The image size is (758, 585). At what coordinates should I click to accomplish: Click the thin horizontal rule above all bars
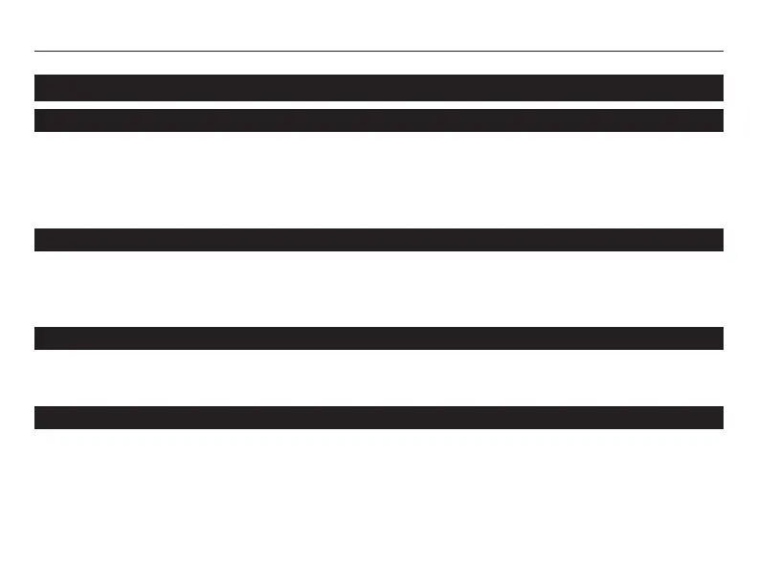tap(379, 52)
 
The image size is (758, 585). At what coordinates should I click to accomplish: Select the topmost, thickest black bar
tap(379, 88)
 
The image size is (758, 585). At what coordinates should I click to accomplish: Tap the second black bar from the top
tap(379, 120)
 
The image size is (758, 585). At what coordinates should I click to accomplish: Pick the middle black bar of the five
tap(379, 240)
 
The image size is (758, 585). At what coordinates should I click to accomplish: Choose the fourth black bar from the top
tap(379, 338)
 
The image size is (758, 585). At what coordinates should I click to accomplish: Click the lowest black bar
tap(379, 418)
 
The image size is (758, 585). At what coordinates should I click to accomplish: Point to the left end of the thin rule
tap(36, 52)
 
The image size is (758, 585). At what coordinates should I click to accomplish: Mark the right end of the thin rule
tap(721, 52)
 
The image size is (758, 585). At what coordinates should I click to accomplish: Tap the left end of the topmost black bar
tap(38, 88)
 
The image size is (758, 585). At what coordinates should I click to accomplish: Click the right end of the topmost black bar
tap(719, 88)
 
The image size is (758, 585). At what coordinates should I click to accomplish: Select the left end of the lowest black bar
tap(38, 418)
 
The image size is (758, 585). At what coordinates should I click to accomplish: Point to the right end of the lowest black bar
tap(719, 418)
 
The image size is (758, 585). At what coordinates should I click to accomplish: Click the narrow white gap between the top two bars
tap(379, 105)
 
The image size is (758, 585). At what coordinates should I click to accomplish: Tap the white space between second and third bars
tap(379, 180)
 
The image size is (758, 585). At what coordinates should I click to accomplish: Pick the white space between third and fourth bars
tap(379, 289)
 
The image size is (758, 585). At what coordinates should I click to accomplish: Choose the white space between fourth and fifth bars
tap(379, 378)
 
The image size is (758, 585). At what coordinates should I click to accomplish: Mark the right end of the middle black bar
tap(719, 240)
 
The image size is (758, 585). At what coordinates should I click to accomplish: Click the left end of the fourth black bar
tap(38, 338)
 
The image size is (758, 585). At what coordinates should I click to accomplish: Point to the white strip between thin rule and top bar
tap(379, 63)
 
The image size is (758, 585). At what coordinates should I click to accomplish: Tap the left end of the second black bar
tap(38, 120)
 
